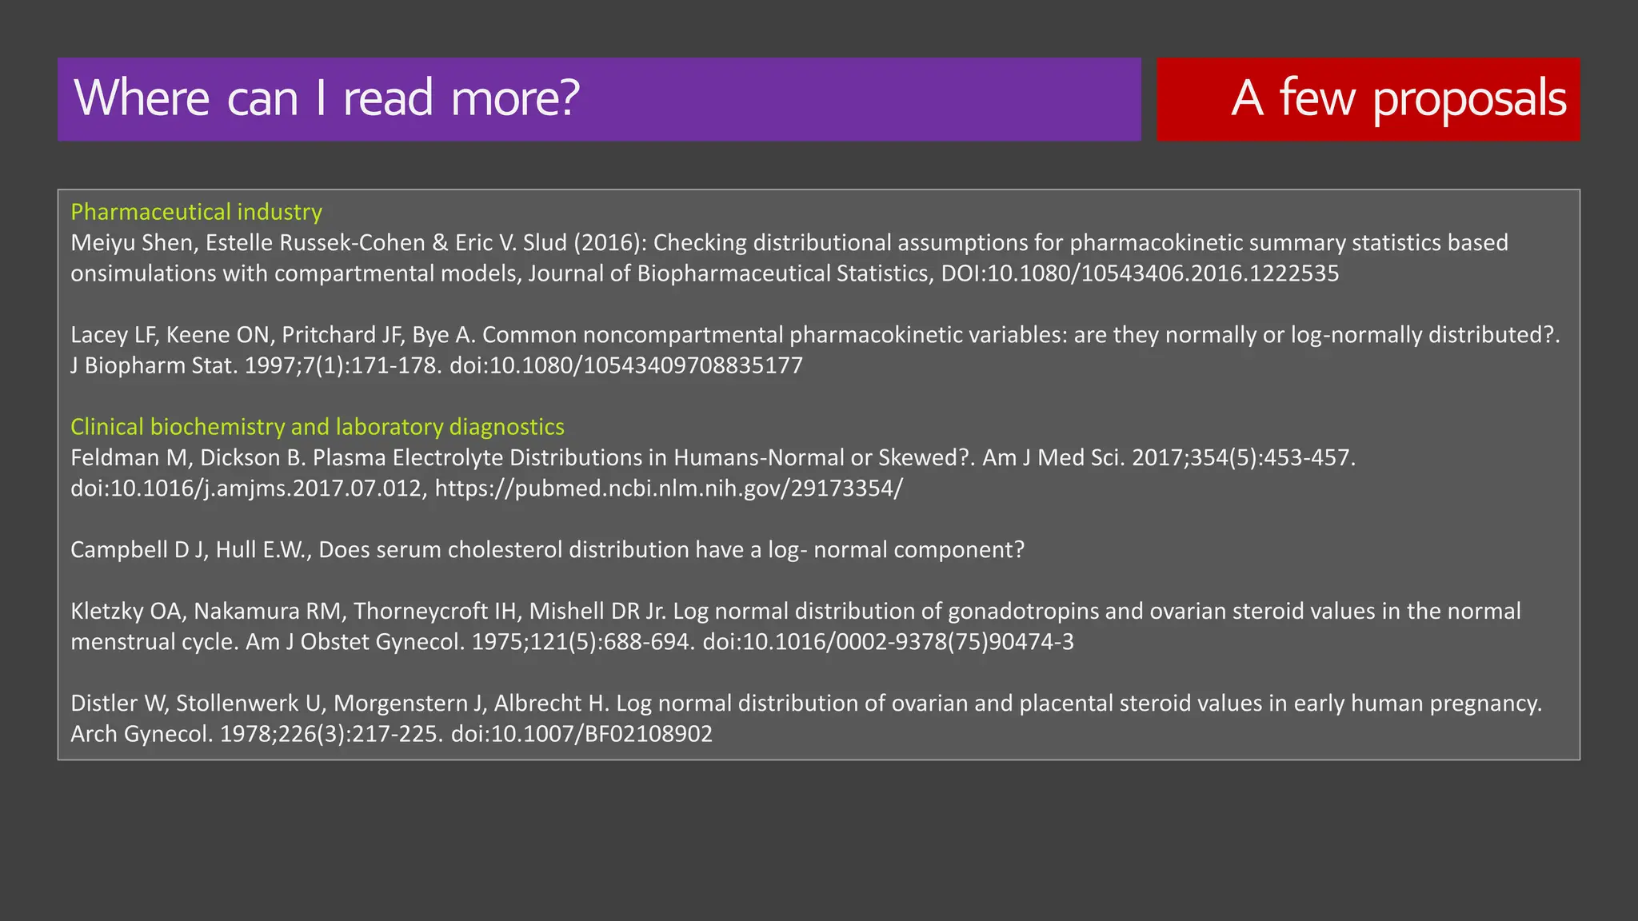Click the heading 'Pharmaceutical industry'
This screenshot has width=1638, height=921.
(196, 212)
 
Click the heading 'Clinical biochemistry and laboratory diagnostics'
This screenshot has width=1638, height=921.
(317, 427)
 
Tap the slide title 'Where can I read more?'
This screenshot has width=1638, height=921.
(326, 98)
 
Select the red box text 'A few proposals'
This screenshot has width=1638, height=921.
(1398, 98)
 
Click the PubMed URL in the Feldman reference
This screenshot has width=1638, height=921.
(669, 488)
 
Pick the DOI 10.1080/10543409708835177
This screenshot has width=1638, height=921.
(626, 366)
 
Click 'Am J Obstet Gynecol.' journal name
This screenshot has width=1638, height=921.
(354, 642)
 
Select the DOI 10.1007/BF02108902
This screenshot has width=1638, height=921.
(581, 734)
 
